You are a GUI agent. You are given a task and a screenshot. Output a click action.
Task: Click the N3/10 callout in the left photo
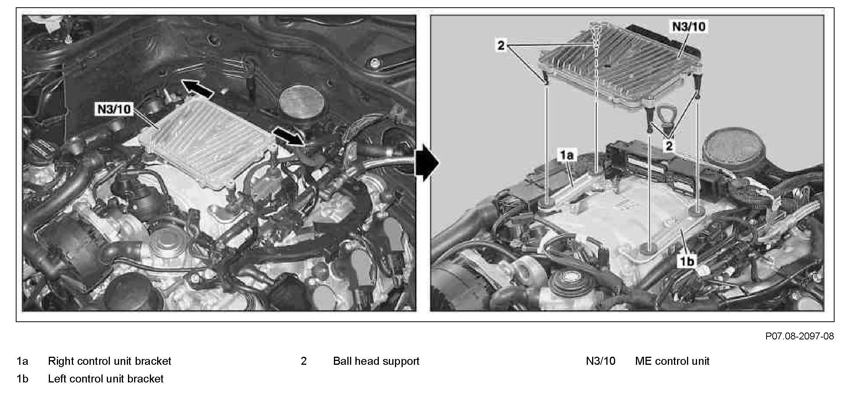coord(114,110)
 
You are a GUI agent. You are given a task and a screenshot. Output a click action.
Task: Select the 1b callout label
coord(687,261)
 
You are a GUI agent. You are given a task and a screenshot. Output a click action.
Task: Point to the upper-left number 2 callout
coord(501,46)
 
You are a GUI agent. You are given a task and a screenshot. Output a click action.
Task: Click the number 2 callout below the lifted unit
coord(669,146)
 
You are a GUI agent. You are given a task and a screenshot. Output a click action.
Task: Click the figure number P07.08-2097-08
coord(800,336)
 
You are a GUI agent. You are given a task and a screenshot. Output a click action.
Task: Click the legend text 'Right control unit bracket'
coord(110,361)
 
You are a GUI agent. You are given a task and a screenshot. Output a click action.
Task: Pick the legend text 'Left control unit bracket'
coord(106,379)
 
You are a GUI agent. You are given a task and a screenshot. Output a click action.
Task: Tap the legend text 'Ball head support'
coord(376,361)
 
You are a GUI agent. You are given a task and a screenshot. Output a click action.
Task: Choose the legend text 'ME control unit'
coord(672,361)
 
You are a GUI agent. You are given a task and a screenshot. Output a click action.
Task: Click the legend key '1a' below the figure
coord(22,361)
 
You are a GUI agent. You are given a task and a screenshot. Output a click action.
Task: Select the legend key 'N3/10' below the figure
coord(601,361)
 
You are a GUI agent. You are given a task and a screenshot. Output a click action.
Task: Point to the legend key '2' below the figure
coord(304,361)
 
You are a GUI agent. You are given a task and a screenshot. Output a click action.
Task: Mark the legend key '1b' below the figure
coord(22,379)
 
